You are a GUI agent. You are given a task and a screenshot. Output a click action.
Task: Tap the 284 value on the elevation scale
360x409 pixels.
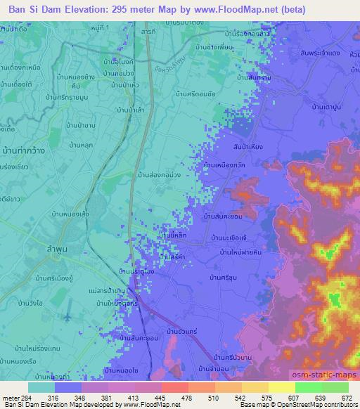click(x=26, y=396)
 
